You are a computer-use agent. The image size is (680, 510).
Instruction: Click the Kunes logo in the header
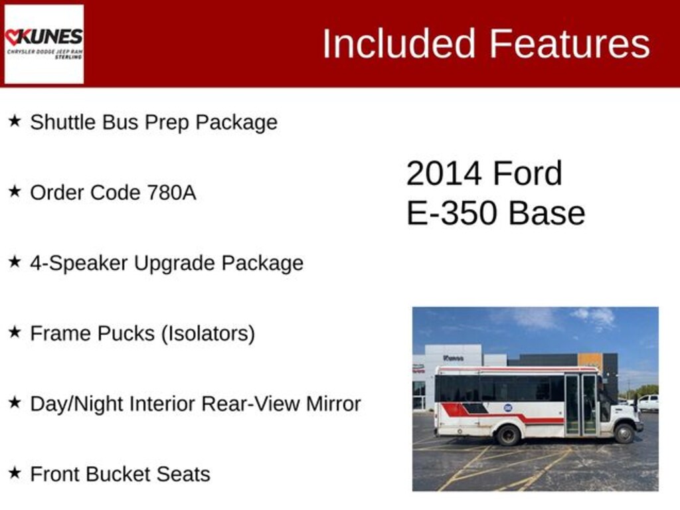pyautogui.click(x=44, y=44)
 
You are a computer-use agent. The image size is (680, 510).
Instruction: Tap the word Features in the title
pyautogui.click(x=570, y=44)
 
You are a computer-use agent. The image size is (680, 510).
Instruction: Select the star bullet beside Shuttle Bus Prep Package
pyautogui.click(x=15, y=121)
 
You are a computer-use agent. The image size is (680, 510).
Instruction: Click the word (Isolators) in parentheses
pyautogui.click(x=208, y=333)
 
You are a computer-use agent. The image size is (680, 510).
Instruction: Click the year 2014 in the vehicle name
pyautogui.click(x=444, y=174)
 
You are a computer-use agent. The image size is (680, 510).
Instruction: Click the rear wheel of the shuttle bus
pyautogui.click(x=508, y=435)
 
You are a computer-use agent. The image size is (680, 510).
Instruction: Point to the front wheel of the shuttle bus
pyautogui.click(x=624, y=433)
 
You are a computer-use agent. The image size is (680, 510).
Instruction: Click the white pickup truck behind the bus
pyautogui.click(x=647, y=402)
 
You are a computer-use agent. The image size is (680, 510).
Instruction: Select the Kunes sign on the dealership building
pyautogui.click(x=454, y=358)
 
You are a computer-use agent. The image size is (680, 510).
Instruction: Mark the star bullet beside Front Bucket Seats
pyautogui.click(x=15, y=473)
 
